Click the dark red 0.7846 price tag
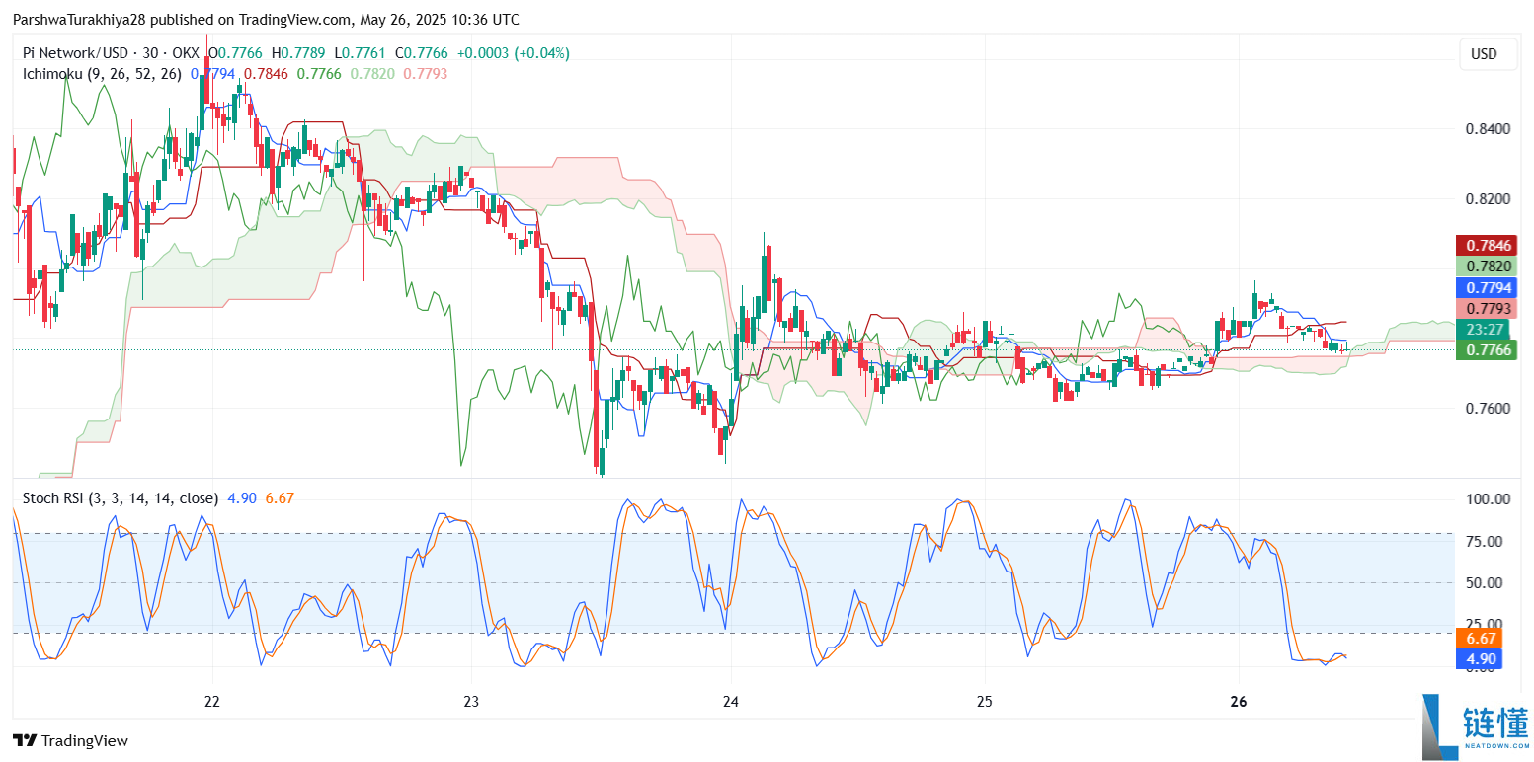(x=1487, y=245)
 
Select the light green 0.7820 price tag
(x=1487, y=267)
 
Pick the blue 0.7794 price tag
(x=1487, y=288)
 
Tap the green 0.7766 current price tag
(x=1487, y=349)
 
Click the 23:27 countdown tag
(x=1487, y=330)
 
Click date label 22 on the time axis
(x=211, y=702)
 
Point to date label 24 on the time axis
(x=730, y=702)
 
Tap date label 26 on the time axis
(x=1241, y=702)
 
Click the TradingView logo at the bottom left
(x=70, y=740)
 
